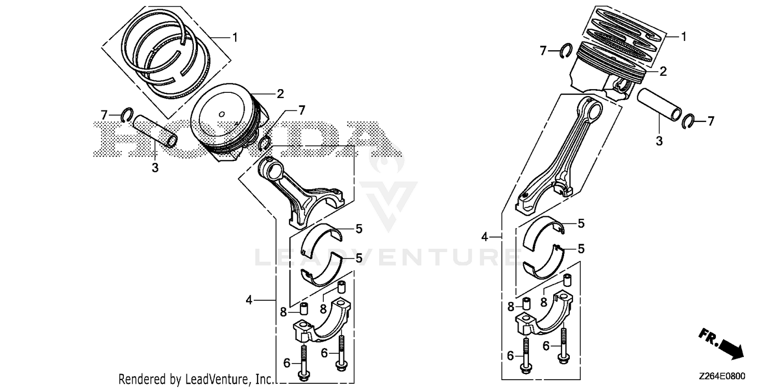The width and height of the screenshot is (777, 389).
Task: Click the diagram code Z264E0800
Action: (722, 376)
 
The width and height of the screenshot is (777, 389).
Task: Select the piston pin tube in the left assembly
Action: (155, 131)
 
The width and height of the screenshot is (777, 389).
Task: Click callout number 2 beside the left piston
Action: (280, 94)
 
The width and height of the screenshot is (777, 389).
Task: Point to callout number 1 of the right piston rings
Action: (684, 36)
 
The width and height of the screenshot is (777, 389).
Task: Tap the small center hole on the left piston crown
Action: (222, 114)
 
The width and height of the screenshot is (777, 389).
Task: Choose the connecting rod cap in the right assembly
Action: (544, 316)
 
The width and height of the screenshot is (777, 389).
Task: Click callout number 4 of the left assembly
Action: (249, 300)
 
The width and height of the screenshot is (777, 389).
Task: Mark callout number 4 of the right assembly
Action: (484, 237)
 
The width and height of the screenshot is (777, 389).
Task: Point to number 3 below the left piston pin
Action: (155, 168)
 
